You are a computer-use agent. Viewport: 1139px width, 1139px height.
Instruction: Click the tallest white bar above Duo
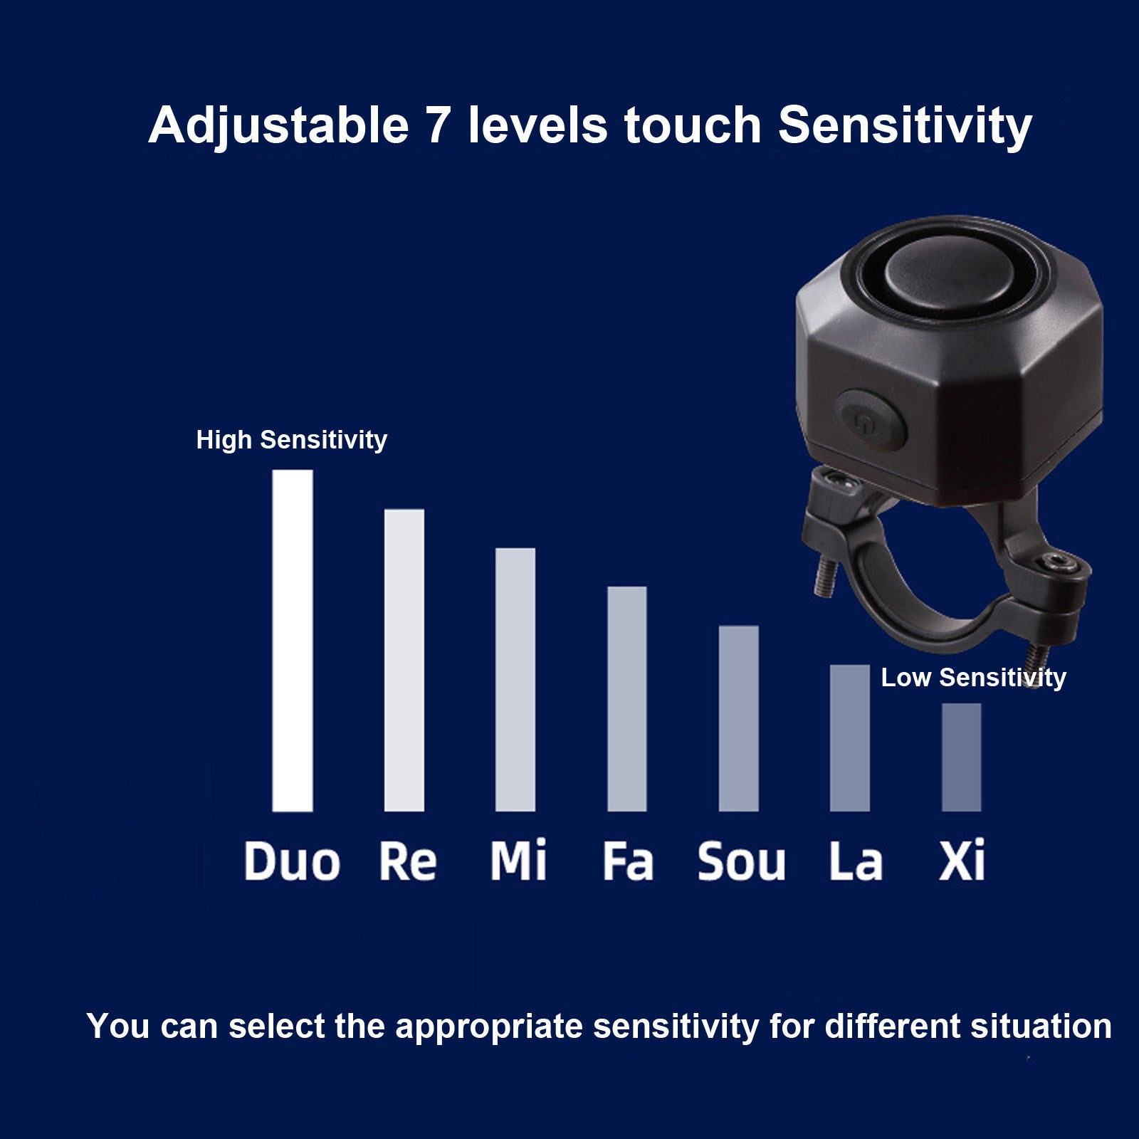pos(293,640)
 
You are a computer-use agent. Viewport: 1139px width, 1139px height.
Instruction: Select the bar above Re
pos(404,660)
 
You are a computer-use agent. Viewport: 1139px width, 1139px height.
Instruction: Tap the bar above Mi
pos(515,679)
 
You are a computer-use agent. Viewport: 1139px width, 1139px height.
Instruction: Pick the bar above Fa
pos(627,698)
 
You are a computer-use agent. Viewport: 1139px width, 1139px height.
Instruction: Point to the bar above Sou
pos(739,718)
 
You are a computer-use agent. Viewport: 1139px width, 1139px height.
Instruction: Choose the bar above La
pos(850,738)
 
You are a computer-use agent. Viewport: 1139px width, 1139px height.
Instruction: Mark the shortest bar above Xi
pos(962,757)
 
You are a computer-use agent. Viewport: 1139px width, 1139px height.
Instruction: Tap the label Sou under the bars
pos(741,861)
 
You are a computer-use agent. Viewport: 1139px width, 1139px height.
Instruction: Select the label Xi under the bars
pos(962,859)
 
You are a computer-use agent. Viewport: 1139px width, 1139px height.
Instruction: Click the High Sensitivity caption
pos(292,440)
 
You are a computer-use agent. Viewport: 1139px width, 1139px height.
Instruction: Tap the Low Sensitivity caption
pos(974,678)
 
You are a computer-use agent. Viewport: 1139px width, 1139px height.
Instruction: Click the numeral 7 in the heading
pos(438,125)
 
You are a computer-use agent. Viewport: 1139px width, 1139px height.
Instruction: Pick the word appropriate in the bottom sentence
pos(489,1027)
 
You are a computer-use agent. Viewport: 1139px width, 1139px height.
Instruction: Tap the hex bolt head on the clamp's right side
pos(1064,564)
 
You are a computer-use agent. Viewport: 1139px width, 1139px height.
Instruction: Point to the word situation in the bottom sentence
pos(1041,1026)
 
